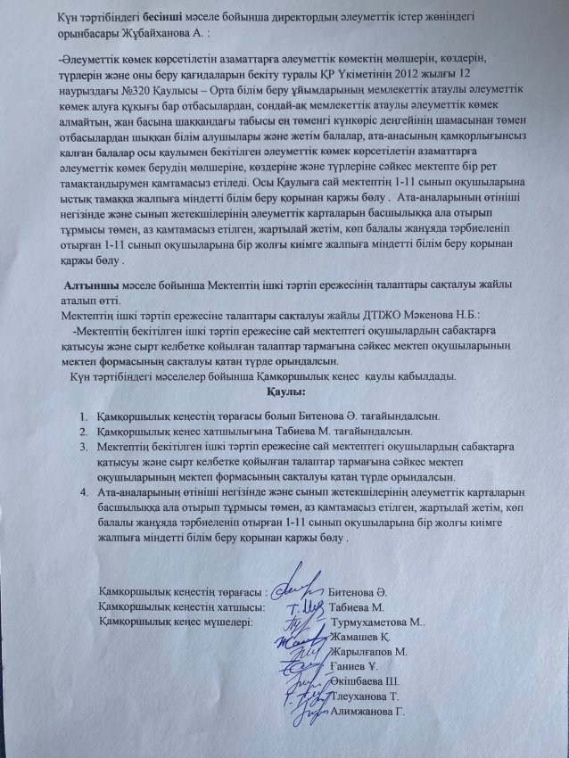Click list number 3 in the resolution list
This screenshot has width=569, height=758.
tap(81, 446)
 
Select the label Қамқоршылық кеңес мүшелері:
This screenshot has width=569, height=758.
tap(177, 622)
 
